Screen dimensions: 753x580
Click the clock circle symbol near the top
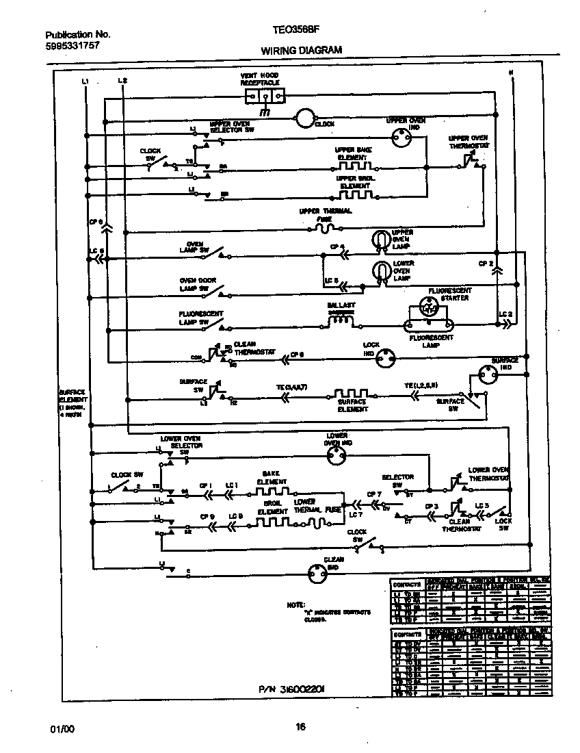304,118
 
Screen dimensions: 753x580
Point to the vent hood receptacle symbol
263,94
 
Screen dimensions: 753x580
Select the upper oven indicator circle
401,139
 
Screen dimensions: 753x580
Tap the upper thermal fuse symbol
324,227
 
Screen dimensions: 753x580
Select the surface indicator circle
488,375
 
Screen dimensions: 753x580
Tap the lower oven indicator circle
337,459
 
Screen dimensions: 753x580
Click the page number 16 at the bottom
300,728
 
